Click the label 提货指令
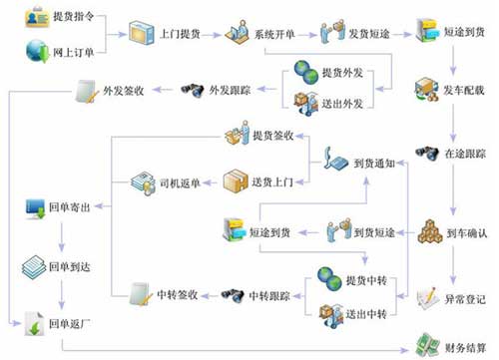75,18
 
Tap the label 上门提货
180,33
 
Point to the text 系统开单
275,33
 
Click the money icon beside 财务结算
426,342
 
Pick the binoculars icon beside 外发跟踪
193,92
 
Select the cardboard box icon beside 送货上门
236,180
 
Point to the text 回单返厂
70,324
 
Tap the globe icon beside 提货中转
329,274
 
